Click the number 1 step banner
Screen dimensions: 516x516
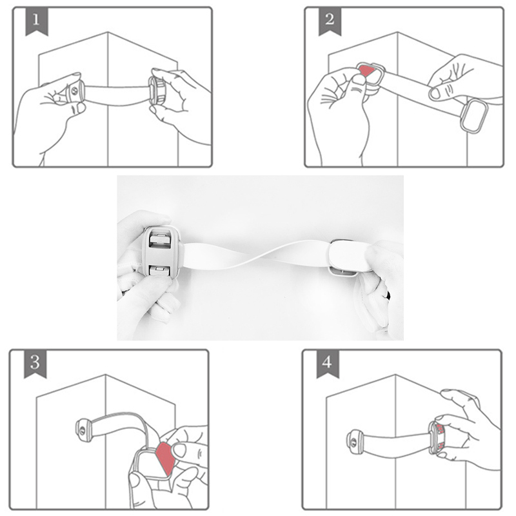coord(37,21)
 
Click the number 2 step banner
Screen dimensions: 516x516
coord(330,21)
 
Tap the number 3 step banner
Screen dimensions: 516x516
coord(35,364)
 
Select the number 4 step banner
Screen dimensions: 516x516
coord(328,364)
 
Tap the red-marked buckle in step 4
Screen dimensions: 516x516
coord(437,438)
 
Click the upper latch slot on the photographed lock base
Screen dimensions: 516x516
coord(160,239)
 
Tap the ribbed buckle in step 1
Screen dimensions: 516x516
coord(157,90)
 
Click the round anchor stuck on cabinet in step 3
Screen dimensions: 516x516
coord(84,430)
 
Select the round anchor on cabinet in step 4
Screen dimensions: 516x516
coord(355,442)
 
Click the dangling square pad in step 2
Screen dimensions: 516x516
coord(473,116)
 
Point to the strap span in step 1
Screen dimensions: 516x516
coord(117,95)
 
